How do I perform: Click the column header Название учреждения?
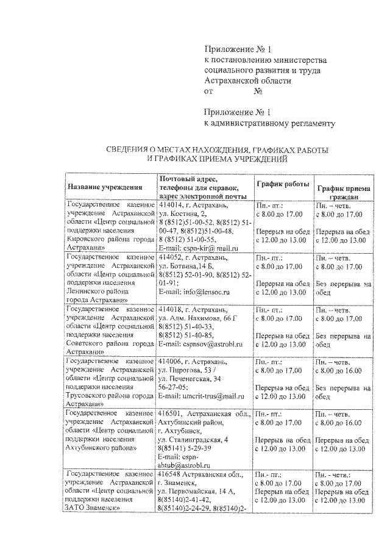(105, 188)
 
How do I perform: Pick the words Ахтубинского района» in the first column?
(101, 448)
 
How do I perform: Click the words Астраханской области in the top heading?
(247, 81)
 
